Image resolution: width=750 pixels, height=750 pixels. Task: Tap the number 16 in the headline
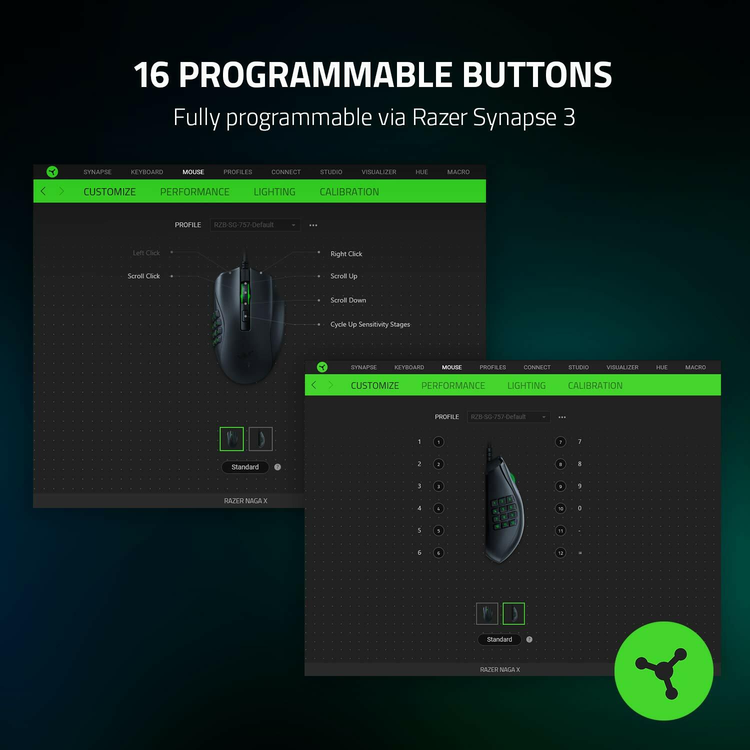151,75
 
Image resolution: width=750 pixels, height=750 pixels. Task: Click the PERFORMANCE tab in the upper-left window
194,192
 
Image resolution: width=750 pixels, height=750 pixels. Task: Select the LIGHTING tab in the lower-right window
526,385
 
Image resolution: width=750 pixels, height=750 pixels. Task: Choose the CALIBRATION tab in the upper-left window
349,192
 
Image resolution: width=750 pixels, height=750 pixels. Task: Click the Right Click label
346,254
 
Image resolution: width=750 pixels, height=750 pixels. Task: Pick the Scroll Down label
348,300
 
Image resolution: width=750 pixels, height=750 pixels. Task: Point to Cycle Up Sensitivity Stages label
370,324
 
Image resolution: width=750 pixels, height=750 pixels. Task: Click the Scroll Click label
143,276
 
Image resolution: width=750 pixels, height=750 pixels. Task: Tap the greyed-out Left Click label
146,253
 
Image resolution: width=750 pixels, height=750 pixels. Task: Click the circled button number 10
560,508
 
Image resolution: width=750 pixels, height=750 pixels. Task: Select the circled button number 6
438,553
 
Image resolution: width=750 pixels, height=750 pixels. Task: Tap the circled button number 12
560,553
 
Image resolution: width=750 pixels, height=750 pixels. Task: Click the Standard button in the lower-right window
499,639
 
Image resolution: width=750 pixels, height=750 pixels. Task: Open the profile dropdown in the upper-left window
255,225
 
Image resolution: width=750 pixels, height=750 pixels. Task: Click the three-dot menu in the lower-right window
562,417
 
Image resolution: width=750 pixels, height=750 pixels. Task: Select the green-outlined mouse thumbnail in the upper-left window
231,439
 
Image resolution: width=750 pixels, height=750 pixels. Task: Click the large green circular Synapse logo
663,670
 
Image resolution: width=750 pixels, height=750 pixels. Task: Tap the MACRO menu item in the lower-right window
695,367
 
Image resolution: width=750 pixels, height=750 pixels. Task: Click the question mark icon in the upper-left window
277,467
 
